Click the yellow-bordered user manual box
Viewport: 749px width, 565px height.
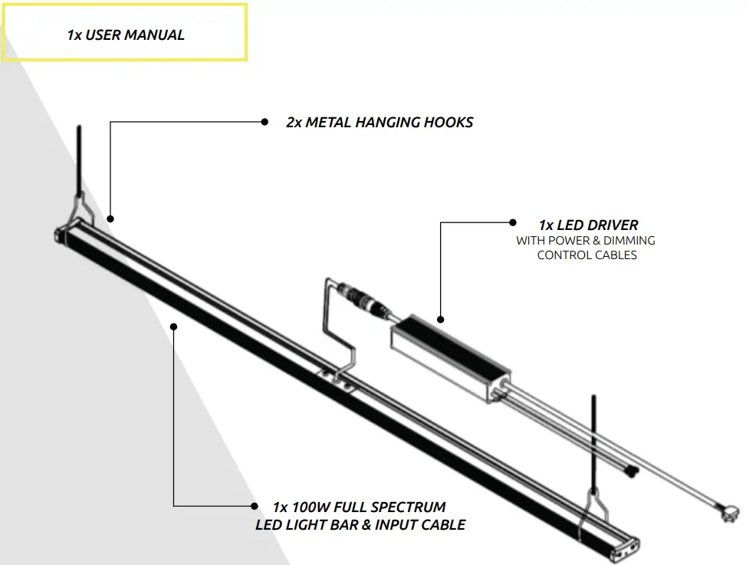(x=125, y=32)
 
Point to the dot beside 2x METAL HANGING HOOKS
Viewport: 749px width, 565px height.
(x=264, y=121)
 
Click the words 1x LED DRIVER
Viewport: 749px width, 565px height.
(x=588, y=225)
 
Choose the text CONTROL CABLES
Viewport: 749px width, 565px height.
(x=586, y=255)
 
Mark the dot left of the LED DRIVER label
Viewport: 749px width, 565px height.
(x=513, y=223)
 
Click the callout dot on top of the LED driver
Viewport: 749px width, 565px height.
(x=441, y=319)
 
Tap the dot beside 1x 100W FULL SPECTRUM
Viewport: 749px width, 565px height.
(x=254, y=506)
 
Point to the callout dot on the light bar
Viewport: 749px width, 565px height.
(x=174, y=326)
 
